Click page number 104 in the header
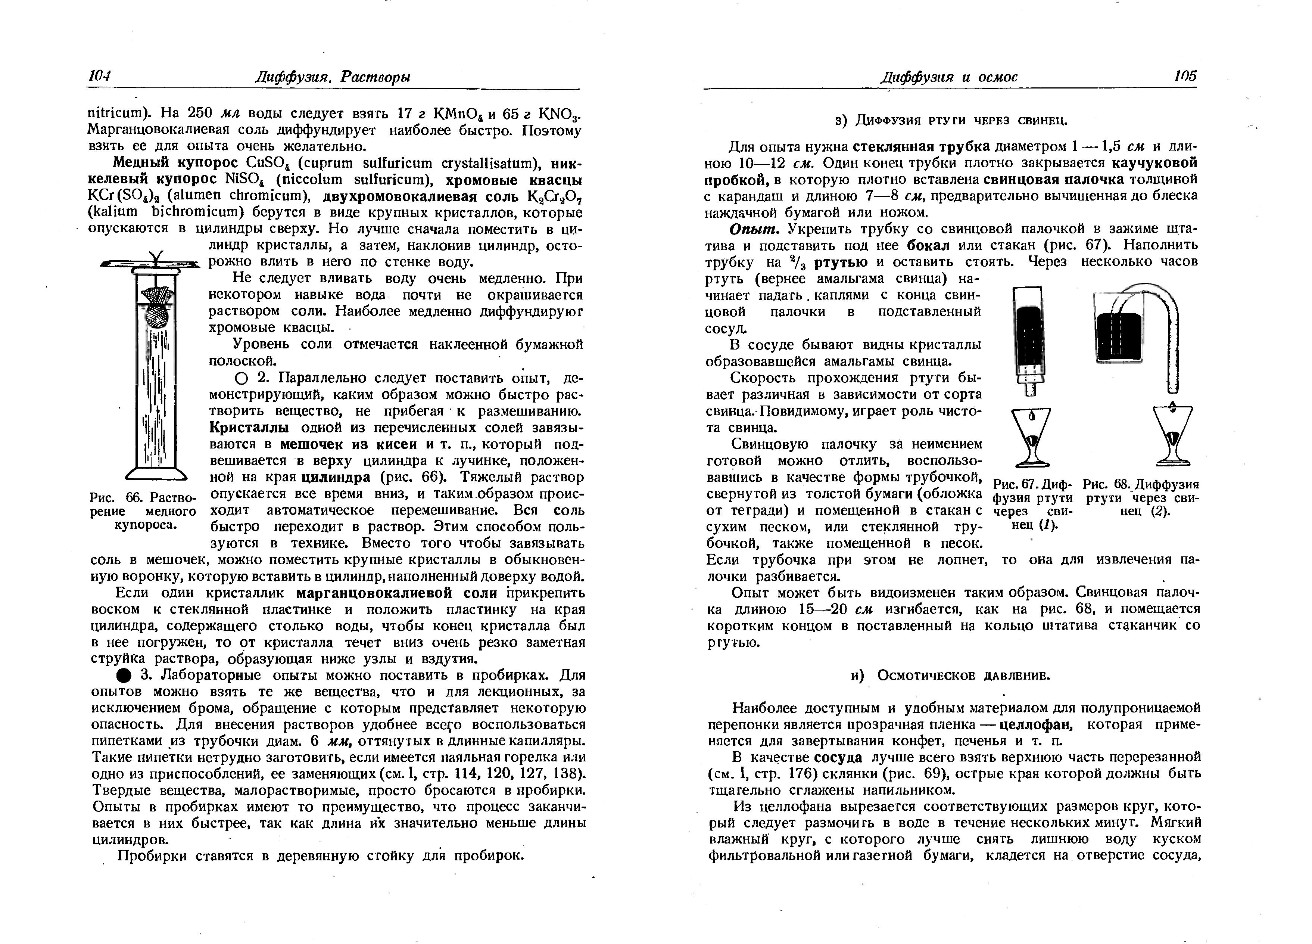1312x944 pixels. (100, 77)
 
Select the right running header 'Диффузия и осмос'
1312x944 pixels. (949, 77)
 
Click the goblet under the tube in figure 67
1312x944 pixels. (1031, 437)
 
